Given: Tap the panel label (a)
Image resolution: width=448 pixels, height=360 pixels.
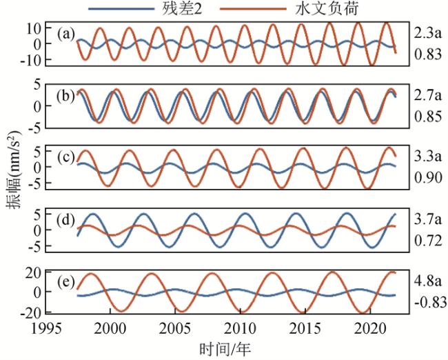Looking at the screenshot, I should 67,34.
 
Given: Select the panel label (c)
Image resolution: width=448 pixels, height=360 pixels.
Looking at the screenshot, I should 67,155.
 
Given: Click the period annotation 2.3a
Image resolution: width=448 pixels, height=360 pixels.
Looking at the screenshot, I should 425,31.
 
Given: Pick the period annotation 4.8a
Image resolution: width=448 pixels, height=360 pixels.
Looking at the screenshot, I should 425,281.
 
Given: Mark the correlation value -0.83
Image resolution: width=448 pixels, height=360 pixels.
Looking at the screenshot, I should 428,302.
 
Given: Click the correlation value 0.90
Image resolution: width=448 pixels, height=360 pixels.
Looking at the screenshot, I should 427,178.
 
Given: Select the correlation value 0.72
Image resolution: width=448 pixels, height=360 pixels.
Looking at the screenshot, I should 427,241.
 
